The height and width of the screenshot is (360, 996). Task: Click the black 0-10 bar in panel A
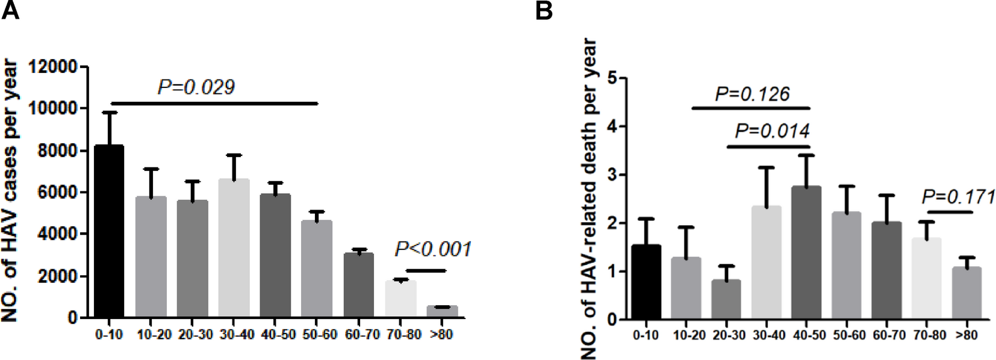coord(109,232)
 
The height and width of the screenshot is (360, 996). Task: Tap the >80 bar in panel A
coord(443,312)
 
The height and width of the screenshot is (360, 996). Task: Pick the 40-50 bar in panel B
coord(806,253)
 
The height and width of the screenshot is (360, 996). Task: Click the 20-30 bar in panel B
coord(726,299)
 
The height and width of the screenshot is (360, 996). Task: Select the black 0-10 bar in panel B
coord(646,282)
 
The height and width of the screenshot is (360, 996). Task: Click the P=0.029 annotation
coord(196,87)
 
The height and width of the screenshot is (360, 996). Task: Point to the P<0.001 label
coord(433,249)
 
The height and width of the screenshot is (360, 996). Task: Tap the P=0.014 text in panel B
coord(772,131)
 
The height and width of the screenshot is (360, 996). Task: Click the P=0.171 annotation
coord(958,197)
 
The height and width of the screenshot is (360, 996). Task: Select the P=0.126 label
coord(752,95)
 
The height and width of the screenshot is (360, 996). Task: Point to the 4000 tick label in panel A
coord(61,234)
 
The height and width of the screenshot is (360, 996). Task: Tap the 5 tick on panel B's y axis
coord(612,78)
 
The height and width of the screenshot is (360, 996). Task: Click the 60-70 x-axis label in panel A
coord(362,335)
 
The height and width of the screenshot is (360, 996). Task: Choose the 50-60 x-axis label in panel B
coord(848,335)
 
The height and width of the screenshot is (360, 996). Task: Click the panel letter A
coord(10,10)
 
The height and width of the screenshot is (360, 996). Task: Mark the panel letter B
coord(544,10)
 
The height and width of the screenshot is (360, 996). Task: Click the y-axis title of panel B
coord(588,199)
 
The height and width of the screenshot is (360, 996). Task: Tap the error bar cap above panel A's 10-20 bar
coord(151,169)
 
